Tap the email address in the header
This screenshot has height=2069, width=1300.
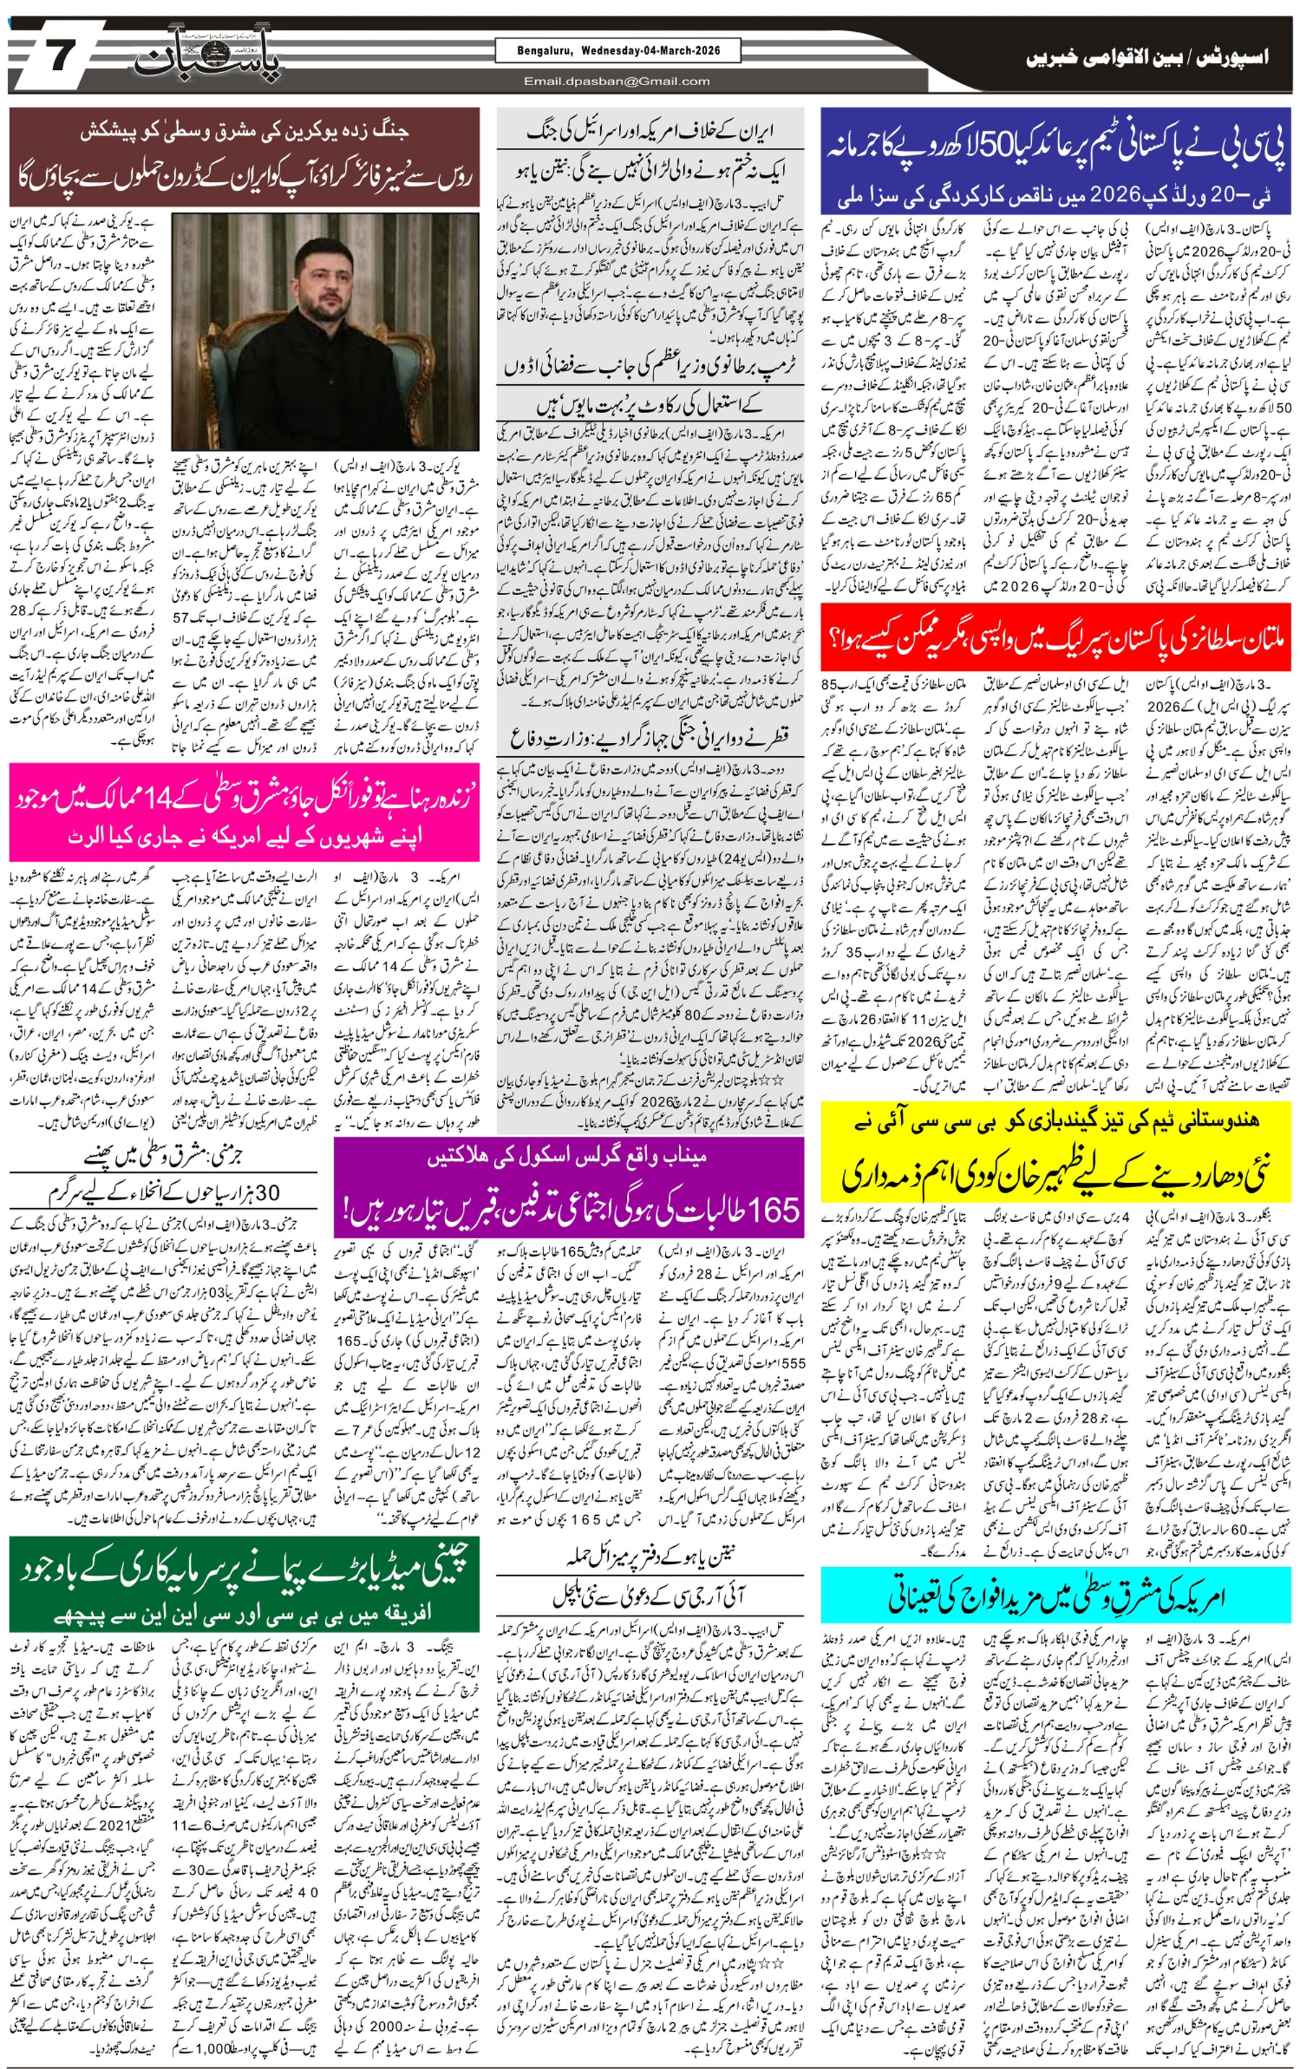click(x=617, y=82)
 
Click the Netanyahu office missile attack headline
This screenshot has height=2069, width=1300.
click(x=651, y=1556)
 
